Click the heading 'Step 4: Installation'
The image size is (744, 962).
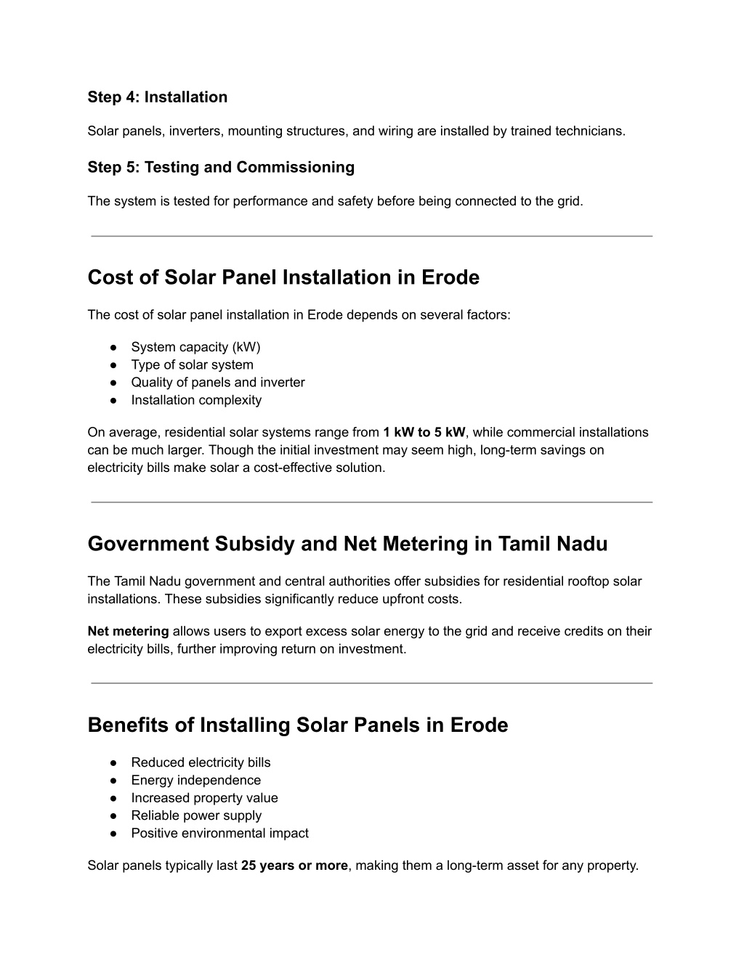[157, 97]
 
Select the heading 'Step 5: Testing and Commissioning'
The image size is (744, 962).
[221, 168]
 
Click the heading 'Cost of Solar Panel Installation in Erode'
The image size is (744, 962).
[283, 277]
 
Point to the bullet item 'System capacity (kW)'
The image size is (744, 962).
[195, 347]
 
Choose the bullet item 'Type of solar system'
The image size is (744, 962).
[192, 364]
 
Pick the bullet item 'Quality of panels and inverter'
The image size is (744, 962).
[218, 383]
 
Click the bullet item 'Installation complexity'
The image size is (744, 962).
[196, 400]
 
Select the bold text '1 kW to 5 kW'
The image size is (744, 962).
[424, 433]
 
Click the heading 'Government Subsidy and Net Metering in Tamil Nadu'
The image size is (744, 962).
[347, 544]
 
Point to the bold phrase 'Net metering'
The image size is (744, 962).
[128, 632]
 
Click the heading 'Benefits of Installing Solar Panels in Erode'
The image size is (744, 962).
[297, 725]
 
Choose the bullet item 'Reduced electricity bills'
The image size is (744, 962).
[201, 762]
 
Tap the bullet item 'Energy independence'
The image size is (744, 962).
[195, 780]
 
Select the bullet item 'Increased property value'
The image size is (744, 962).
[204, 798]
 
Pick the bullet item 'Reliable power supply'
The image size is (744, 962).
[196, 815]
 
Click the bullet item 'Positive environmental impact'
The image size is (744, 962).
[219, 833]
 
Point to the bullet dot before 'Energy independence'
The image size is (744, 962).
[114, 780]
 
